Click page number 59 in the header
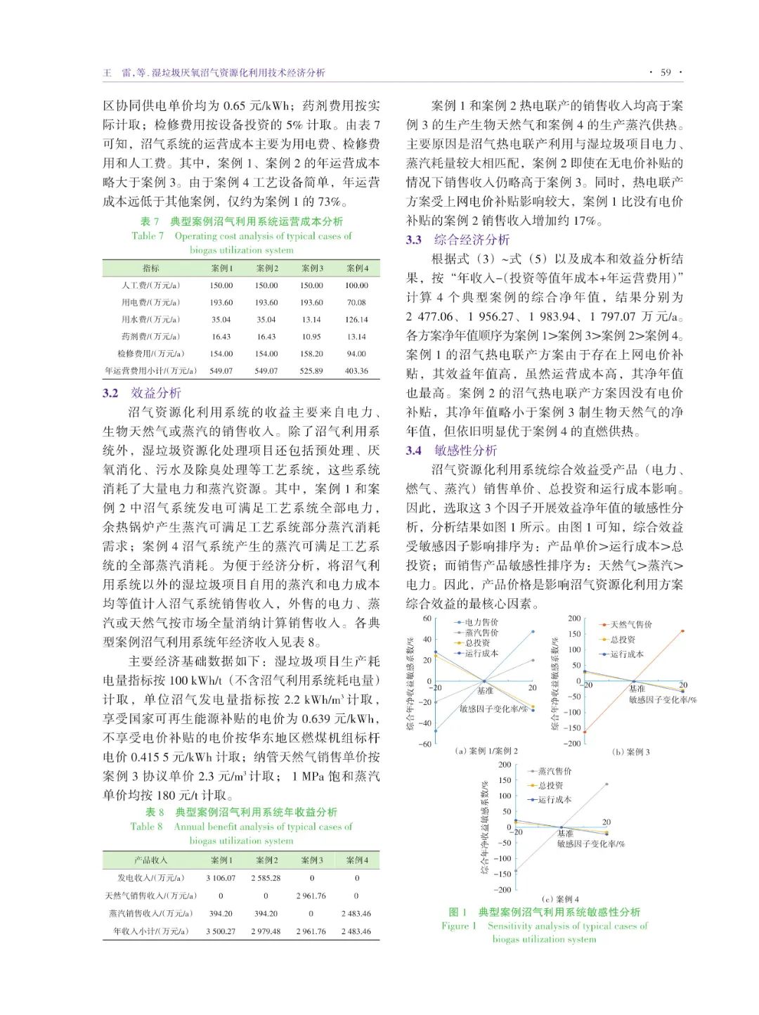coord(665,72)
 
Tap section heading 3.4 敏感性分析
coord(451,451)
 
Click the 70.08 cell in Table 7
coord(356,302)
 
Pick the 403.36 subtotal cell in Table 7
coord(356,370)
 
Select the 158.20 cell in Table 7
coord(311,354)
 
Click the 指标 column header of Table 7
coord(150,268)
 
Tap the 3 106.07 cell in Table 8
coord(221,878)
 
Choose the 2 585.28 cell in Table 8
coord(266,878)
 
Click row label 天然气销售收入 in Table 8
coord(150,896)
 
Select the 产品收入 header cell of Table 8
coord(150,860)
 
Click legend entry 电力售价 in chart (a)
coord(481,622)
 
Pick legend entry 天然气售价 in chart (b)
coord(630,624)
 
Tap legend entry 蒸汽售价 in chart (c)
coord(554,771)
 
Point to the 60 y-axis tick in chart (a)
coord(427,619)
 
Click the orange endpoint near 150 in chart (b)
coord(682,631)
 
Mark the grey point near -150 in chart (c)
coord(516,872)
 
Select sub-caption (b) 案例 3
coord(630,751)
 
